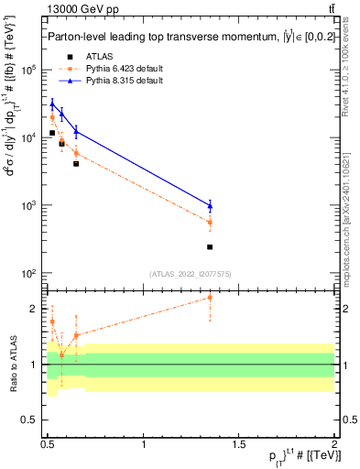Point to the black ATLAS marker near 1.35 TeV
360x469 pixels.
210,247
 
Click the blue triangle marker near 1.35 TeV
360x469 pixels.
210,205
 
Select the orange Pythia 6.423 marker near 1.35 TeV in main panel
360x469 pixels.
210,223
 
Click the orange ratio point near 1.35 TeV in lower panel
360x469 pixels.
210,297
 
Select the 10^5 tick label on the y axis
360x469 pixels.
27,70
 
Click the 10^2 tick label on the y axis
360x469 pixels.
27,274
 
